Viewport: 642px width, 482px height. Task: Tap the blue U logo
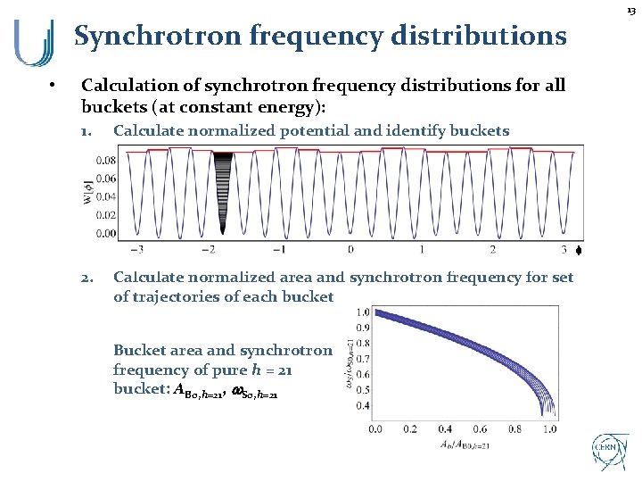pos(33,43)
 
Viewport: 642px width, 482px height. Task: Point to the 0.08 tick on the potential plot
pos(105,162)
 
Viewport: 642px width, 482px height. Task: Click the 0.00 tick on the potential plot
pos(105,234)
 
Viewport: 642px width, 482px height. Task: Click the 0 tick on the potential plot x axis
pos(350,250)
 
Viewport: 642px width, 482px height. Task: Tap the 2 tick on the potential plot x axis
pos(492,250)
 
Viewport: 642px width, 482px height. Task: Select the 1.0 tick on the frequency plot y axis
pos(363,312)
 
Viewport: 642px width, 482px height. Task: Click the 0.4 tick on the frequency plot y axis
pos(363,406)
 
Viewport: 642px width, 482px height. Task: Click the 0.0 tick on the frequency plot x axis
pos(376,428)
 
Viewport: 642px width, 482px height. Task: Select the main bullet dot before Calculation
pos(53,87)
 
